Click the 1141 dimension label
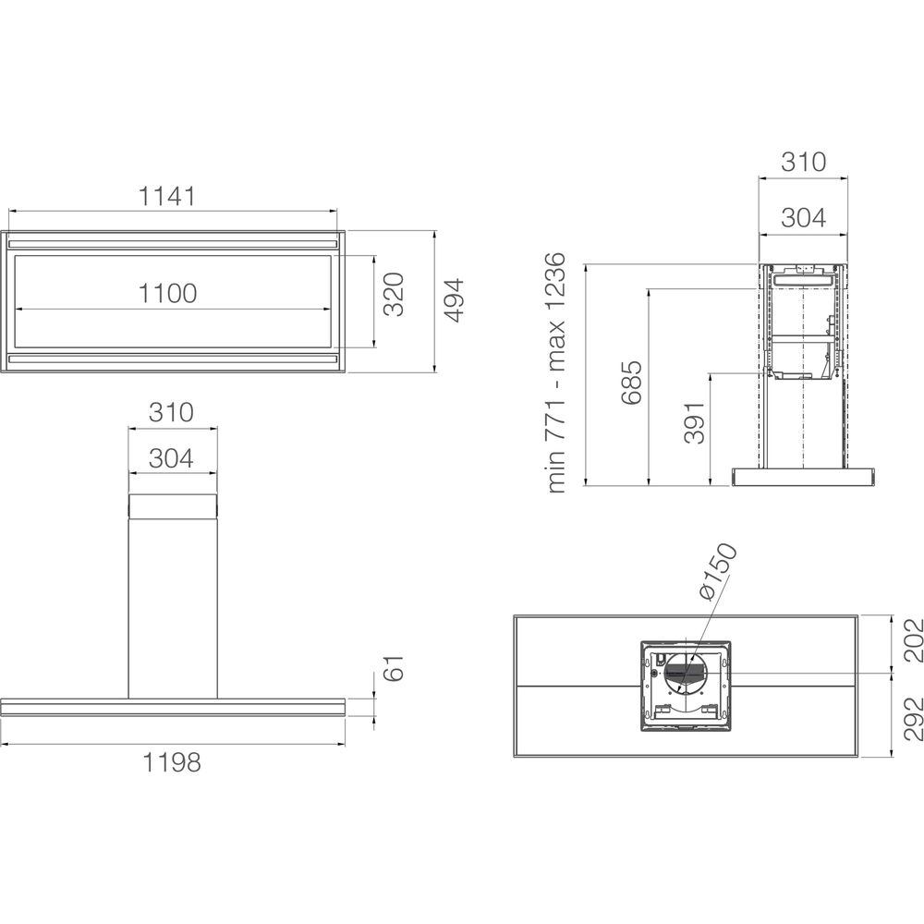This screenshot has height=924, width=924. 166,196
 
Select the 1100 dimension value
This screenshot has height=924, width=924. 168,293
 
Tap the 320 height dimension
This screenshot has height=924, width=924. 394,294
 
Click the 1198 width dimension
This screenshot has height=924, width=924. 172,762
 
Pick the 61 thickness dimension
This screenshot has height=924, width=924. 393,667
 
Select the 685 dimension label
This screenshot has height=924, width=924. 630,383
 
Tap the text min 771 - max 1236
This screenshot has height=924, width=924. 555,373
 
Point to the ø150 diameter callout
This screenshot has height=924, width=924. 718,571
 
